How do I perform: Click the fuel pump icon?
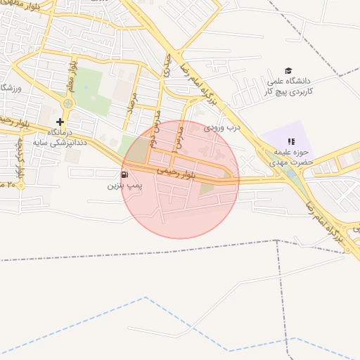(x=124, y=174)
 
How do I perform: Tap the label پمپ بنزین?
(x=124, y=186)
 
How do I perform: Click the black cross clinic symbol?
(x=60, y=122)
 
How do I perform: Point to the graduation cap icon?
(x=288, y=70)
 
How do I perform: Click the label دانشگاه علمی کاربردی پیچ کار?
(x=290, y=86)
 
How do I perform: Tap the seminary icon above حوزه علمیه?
(x=291, y=141)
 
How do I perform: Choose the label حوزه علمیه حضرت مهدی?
(x=290, y=157)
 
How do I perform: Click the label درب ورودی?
(x=222, y=128)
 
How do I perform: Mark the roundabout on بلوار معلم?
(x=67, y=104)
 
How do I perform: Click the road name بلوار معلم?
(x=71, y=75)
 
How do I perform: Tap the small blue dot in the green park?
(x=86, y=87)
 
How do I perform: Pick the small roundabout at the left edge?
(x=21, y=186)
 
